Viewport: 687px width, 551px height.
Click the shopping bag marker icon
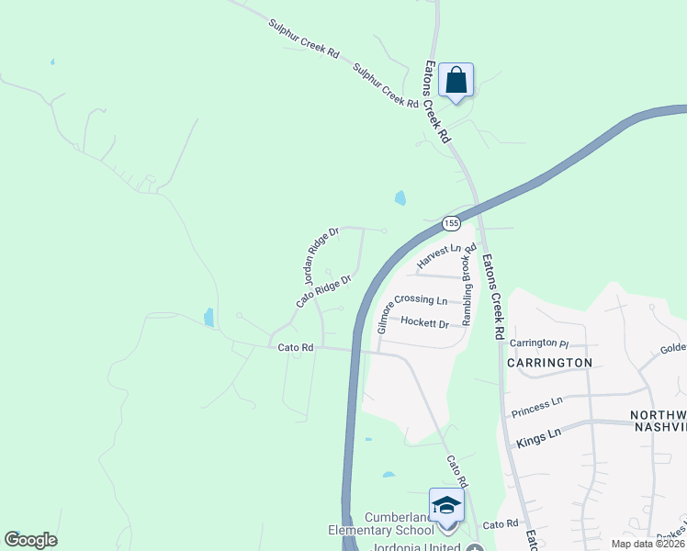pyautogui.click(x=456, y=81)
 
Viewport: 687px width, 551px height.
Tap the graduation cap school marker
pyautogui.click(x=446, y=506)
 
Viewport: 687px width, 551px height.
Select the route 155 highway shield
pyautogui.click(x=450, y=223)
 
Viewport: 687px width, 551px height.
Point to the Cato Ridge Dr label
pyautogui.click(x=324, y=291)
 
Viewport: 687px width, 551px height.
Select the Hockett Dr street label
pyautogui.click(x=424, y=323)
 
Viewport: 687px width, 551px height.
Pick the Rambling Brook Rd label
pyautogui.click(x=467, y=284)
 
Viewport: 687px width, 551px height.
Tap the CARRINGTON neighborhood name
pyautogui.click(x=549, y=363)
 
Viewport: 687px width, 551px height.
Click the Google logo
pyautogui.click(x=30, y=540)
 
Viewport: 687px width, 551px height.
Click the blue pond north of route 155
pyautogui.click(x=400, y=197)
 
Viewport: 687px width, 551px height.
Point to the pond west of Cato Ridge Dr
pyautogui.click(x=208, y=318)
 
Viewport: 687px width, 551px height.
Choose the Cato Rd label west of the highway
pyautogui.click(x=296, y=347)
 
